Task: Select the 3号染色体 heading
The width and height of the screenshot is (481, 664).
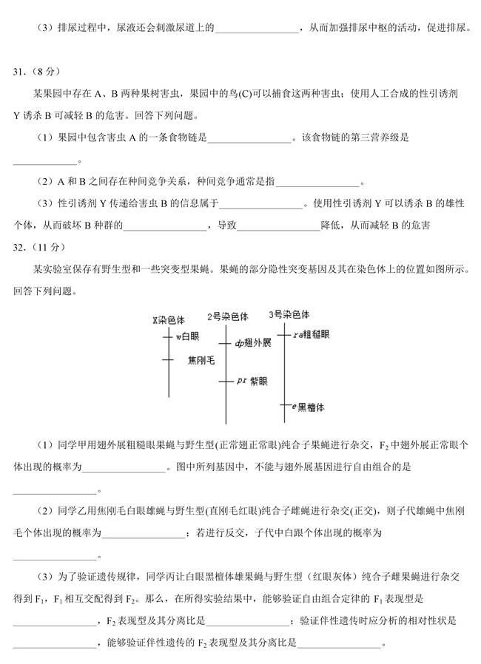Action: tap(289, 314)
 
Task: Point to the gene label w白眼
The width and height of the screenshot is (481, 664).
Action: tap(187, 336)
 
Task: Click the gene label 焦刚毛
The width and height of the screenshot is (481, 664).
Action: tap(201, 360)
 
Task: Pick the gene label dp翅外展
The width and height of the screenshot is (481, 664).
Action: tap(253, 343)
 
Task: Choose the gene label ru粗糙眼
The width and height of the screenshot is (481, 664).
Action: tap(312, 334)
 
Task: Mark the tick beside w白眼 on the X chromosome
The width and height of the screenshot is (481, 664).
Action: tap(168, 336)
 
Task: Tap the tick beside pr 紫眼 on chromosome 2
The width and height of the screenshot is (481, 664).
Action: tap(226, 382)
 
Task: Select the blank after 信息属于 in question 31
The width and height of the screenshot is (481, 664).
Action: tap(261, 204)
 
